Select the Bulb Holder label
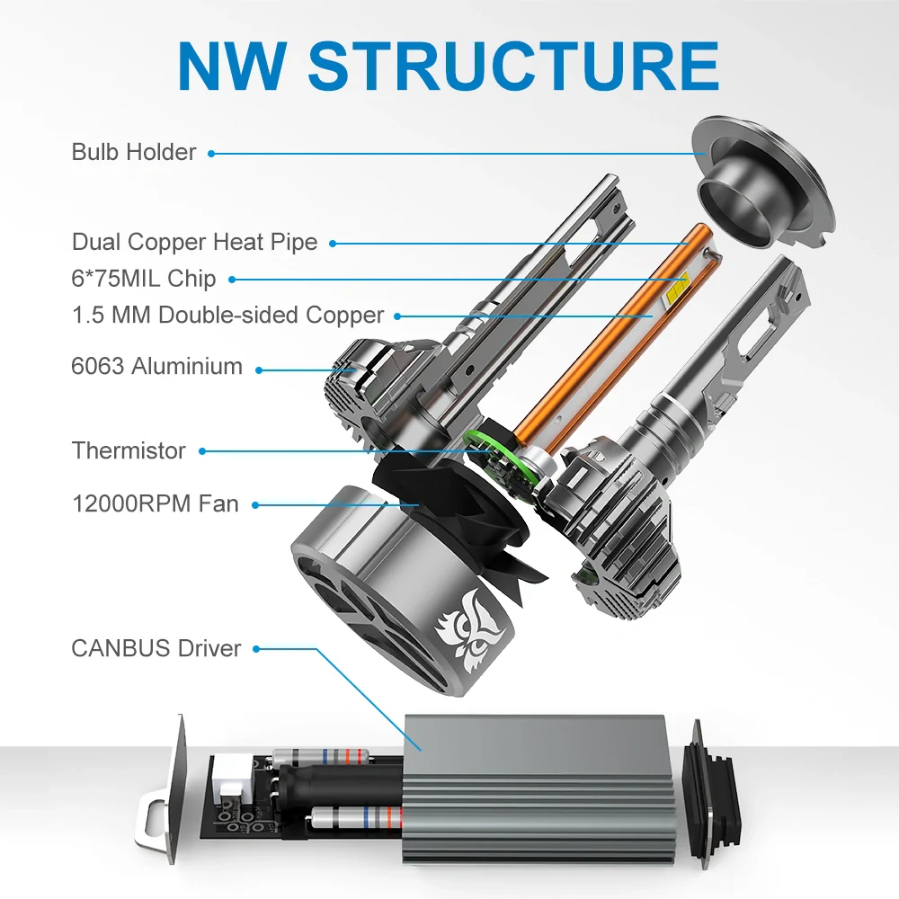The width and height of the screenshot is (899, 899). click(x=133, y=152)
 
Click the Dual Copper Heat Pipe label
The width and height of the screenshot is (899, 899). click(x=194, y=242)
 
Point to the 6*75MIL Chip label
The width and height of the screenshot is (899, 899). click(x=144, y=279)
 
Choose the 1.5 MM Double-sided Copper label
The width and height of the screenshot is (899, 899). click(x=227, y=316)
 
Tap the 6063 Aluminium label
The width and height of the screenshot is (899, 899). click(x=157, y=367)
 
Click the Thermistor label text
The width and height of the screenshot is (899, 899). click(x=129, y=450)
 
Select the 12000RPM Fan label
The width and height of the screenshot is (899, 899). click(x=156, y=503)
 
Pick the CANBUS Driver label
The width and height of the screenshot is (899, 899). click(x=156, y=648)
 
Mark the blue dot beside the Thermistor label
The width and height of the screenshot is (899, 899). click(x=202, y=451)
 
